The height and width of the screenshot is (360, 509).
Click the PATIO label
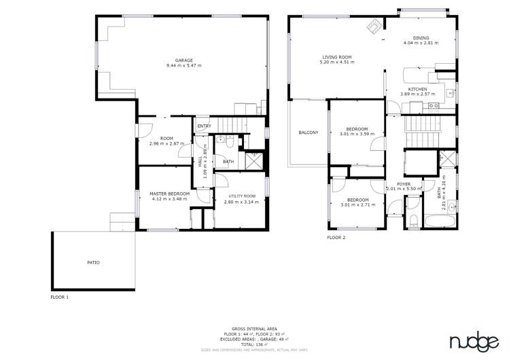(x=93, y=262)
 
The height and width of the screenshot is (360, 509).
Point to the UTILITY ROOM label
(x=241, y=196)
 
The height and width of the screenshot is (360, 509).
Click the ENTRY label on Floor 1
(x=204, y=126)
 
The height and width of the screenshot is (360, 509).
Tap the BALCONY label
(x=308, y=132)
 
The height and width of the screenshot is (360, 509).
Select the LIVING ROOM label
(x=336, y=57)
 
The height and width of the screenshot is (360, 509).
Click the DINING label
(x=421, y=37)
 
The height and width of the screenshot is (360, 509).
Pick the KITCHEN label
(x=418, y=89)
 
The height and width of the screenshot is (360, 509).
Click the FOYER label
(x=404, y=184)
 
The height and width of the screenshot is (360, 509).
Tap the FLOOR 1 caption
(x=60, y=297)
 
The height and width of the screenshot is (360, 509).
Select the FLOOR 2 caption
(x=336, y=238)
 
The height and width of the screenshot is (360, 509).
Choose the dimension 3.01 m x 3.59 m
(x=357, y=134)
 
